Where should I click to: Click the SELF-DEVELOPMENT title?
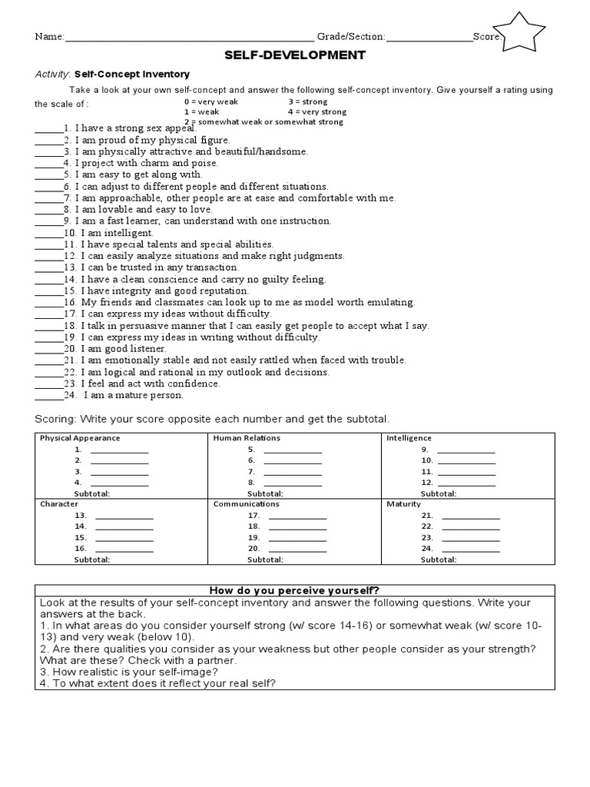coord(295,55)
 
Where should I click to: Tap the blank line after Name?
coord(190,37)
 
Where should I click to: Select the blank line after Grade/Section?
coord(429,37)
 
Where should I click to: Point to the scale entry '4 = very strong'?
coord(317,111)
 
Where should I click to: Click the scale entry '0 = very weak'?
coord(211,101)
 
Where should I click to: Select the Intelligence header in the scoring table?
coord(409,438)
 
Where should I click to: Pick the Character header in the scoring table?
coord(58,504)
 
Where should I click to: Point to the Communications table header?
coord(246,504)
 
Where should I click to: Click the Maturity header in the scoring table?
coord(403,504)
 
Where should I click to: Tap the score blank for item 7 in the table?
coord(293,472)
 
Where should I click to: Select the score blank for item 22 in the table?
coord(471,527)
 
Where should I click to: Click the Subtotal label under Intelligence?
coord(439,493)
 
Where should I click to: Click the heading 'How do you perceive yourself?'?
coord(295,589)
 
